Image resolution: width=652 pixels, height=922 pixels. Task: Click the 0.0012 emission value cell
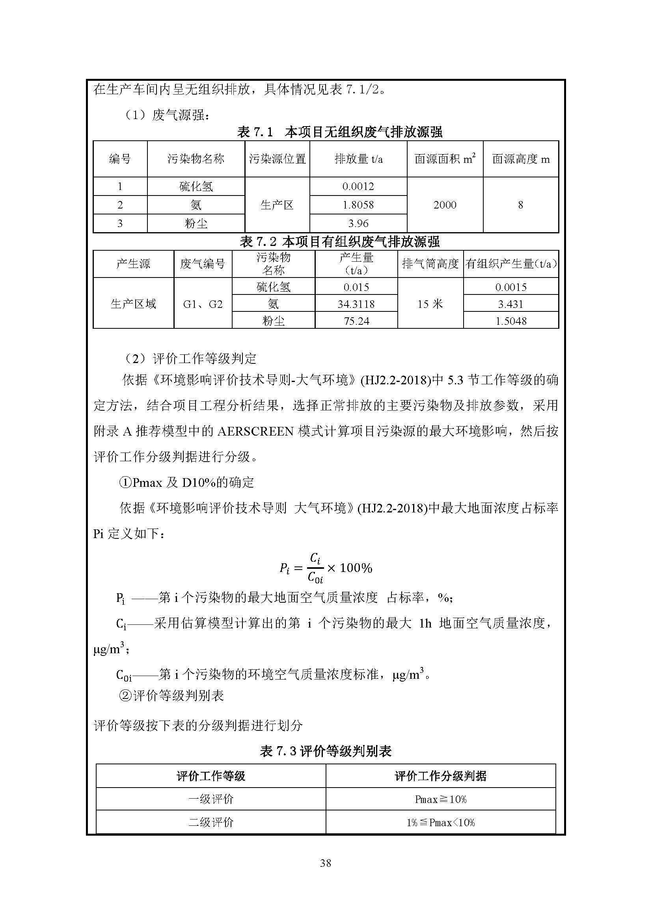[x=358, y=186]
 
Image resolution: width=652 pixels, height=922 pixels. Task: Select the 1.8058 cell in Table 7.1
[x=358, y=205]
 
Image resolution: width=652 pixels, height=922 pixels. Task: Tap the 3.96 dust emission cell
[x=358, y=223]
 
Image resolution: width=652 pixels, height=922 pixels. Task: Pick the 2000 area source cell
[x=444, y=205]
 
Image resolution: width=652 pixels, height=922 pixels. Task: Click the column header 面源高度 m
[x=520, y=159]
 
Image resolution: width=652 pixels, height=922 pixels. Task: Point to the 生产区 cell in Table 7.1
[x=277, y=205]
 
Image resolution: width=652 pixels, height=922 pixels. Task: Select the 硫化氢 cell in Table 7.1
[x=196, y=186]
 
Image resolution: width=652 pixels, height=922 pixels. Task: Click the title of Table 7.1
[x=340, y=132]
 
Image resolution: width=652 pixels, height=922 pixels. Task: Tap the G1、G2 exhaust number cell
[x=203, y=304]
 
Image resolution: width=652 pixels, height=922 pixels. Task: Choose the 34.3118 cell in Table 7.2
[x=356, y=304]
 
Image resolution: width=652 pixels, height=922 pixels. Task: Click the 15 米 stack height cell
[x=430, y=304]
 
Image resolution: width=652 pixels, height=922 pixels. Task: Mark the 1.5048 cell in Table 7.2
[x=510, y=321]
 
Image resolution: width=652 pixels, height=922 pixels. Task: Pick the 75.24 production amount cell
[x=356, y=321]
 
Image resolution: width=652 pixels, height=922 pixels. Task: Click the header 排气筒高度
[x=430, y=264]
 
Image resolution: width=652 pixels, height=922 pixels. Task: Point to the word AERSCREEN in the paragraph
[x=256, y=431]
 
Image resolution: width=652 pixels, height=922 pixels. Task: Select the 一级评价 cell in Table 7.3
[x=211, y=799]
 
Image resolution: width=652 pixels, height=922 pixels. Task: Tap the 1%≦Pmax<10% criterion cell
[x=440, y=822]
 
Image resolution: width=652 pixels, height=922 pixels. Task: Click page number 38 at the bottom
[x=326, y=862]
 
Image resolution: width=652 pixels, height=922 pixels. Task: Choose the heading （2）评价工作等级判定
[x=190, y=359]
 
